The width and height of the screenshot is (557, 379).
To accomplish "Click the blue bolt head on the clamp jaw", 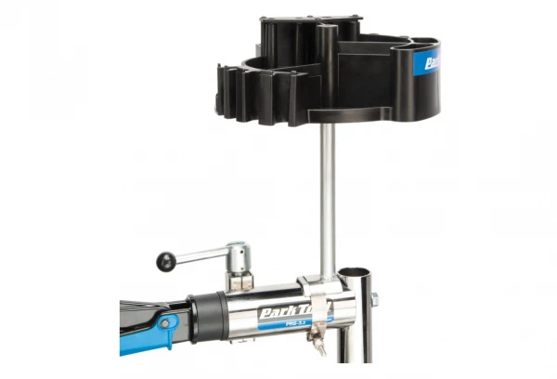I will (165, 323).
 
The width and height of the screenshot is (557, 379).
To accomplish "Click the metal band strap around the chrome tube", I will (317, 307).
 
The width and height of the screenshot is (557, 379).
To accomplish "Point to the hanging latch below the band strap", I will (319, 345).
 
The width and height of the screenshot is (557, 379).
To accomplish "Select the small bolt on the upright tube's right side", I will (375, 299).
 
